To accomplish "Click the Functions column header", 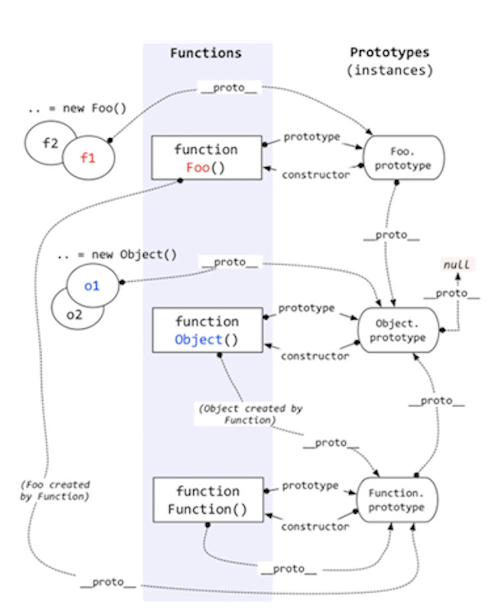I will tap(205, 53).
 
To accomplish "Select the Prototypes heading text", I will tap(389, 53).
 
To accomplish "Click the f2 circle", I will tap(49, 141).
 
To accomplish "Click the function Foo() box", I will tap(206, 159).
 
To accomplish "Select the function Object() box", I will tap(206, 330).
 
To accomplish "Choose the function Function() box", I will tap(206, 500).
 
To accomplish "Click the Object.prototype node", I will tap(397, 330).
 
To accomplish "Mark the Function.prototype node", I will tap(397, 500).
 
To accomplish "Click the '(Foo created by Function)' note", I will tap(55, 490).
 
